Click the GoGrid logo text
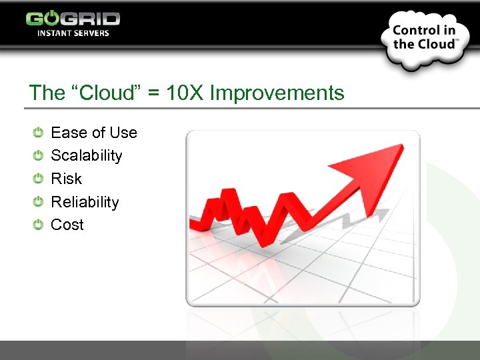coord(73,19)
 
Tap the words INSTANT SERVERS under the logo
coord(73,33)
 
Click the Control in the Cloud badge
coord(424,37)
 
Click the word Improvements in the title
coord(277,93)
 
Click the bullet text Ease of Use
coord(93,133)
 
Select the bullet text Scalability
coord(87,155)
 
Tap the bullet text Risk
coord(66,179)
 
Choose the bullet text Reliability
coord(85,202)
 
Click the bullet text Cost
coord(67,225)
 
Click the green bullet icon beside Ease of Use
coord(39,133)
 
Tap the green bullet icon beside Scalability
coord(39,155)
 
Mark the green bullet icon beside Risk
coord(39,179)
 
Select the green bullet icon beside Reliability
coord(39,202)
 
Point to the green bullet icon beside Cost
coord(39,225)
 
